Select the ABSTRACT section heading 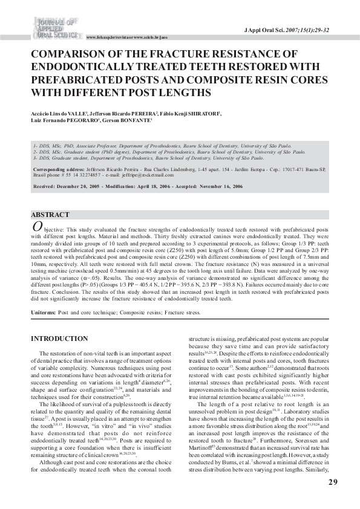[x=50, y=215]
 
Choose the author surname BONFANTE [x=137, y=120]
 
